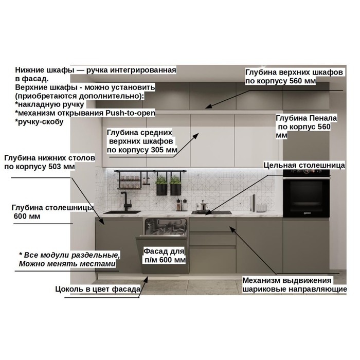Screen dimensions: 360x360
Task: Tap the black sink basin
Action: [x=122, y=212]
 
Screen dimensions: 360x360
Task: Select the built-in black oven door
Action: [x=307, y=197]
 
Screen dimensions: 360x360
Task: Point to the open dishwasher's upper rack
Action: [x=166, y=227]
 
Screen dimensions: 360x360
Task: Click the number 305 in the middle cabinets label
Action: [x=158, y=150]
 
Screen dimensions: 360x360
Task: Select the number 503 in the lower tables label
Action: [x=55, y=167]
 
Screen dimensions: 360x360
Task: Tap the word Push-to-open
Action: [x=131, y=113]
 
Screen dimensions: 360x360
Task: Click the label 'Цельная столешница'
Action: [x=304, y=165]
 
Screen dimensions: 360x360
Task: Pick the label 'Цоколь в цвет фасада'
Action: [x=98, y=289]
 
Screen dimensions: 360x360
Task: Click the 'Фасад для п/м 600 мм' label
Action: [x=165, y=256]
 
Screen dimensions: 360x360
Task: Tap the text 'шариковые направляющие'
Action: [x=295, y=289]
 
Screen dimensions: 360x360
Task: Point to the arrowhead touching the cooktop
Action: [x=208, y=213]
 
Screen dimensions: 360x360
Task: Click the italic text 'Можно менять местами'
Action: [x=67, y=263]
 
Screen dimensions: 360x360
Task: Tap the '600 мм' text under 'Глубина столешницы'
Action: [x=27, y=217]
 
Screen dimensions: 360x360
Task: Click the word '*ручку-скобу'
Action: [x=39, y=122]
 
